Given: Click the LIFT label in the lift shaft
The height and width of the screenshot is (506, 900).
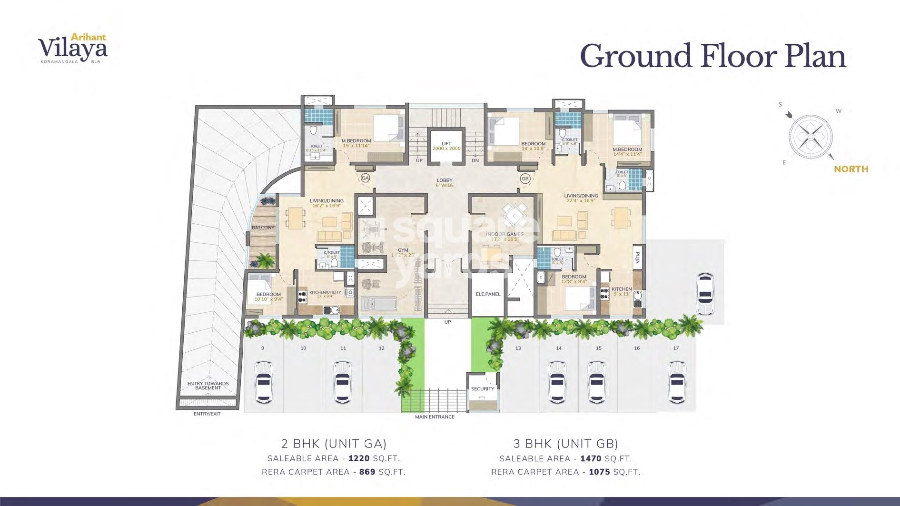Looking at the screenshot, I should click(x=446, y=143).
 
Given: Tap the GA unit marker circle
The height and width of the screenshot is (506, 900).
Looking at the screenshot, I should click(x=365, y=178).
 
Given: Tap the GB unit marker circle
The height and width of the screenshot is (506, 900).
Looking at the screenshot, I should click(x=525, y=179).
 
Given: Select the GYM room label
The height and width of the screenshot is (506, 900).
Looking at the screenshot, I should click(x=403, y=250).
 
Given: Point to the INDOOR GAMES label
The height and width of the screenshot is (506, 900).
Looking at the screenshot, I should click(x=504, y=234).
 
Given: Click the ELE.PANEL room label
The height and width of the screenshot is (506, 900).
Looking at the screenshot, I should click(x=488, y=294).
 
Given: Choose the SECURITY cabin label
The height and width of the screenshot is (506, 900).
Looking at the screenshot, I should click(x=483, y=389).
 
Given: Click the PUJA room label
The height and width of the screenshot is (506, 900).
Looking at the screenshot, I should click(x=637, y=258).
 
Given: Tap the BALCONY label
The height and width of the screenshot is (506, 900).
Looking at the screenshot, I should click(x=263, y=228).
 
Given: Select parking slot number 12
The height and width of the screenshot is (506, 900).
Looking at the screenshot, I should click(x=382, y=348).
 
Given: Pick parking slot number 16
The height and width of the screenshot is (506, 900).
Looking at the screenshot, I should click(x=637, y=348).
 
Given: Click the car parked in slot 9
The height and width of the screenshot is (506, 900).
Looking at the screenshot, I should click(x=263, y=382).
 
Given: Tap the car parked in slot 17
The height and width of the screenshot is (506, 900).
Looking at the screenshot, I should click(x=676, y=382).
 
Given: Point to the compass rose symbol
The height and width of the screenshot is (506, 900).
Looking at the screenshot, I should click(x=811, y=136).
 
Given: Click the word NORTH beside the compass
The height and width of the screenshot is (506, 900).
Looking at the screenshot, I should click(x=851, y=169).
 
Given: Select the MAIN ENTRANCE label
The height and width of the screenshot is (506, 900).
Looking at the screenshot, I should click(x=435, y=417).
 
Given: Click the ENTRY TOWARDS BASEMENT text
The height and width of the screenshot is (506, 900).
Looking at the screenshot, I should click(x=208, y=386).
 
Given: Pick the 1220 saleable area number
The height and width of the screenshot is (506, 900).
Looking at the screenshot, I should click(x=359, y=458).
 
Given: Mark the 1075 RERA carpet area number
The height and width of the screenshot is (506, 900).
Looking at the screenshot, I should click(x=599, y=472).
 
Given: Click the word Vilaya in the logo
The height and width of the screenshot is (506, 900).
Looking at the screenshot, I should click(x=72, y=49).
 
